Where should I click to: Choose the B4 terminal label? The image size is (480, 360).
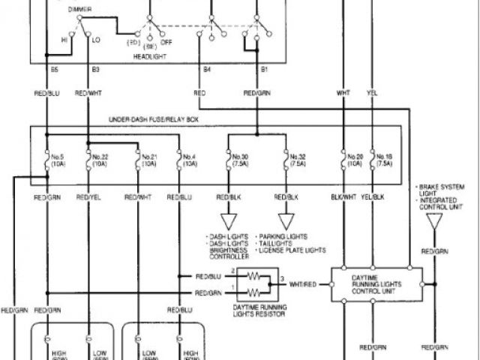point(207,69)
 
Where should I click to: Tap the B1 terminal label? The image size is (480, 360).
point(264,69)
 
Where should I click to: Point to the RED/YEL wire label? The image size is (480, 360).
point(88,197)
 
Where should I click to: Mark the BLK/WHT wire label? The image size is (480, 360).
point(343,197)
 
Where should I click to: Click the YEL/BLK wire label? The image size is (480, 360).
point(373,197)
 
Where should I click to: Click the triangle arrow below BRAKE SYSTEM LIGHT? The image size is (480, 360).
point(433,222)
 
